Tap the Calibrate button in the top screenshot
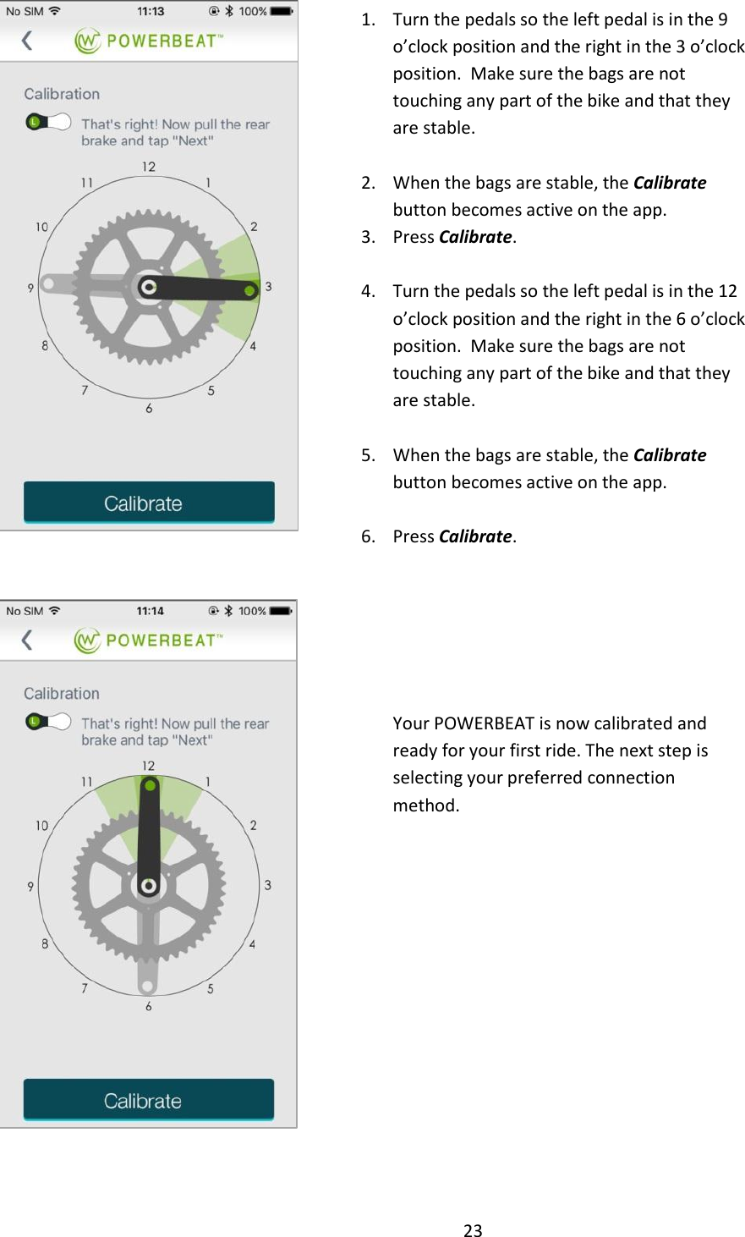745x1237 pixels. [x=149, y=503]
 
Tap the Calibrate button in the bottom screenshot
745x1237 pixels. [x=149, y=1100]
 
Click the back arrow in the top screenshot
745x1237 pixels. [x=27, y=41]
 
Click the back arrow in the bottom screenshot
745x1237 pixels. [x=27, y=640]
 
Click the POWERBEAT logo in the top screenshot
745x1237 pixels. [x=148, y=41]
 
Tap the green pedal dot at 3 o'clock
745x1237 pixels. [x=249, y=291]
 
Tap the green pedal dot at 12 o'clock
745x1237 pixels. [x=150, y=786]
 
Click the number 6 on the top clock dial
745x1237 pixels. [x=149, y=409]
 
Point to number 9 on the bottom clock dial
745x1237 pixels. [x=30, y=886]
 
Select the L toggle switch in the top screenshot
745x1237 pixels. [x=47, y=122]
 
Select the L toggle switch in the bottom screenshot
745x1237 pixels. [x=47, y=721]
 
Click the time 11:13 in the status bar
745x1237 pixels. [x=151, y=12]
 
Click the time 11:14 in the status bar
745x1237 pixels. [x=151, y=611]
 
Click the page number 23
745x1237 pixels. [x=473, y=1230]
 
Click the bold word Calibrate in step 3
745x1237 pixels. [x=475, y=237]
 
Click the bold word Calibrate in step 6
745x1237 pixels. [x=475, y=536]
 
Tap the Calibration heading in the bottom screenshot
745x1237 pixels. [x=62, y=694]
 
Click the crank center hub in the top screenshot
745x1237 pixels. [x=149, y=288]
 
